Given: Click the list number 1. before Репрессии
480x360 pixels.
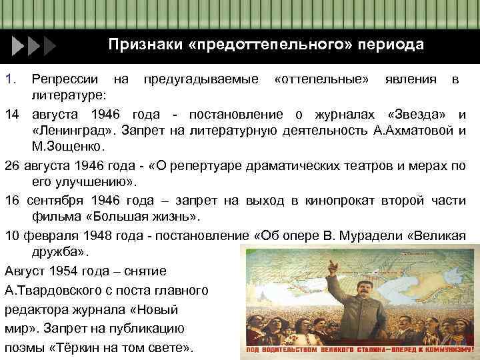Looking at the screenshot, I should pyautogui.click(x=10, y=80).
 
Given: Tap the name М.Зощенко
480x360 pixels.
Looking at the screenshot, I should pyautogui.click(x=65, y=145).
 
